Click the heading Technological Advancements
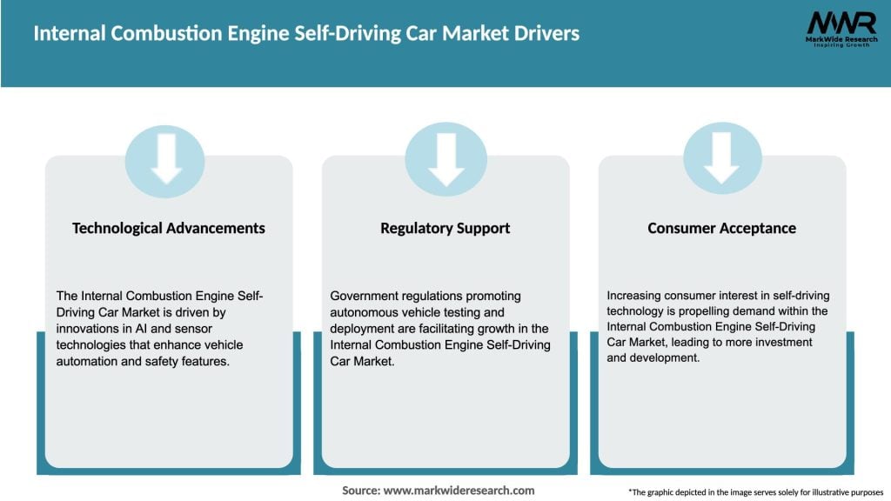pos(169,228)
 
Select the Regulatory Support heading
pos(445,228)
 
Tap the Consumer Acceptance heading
pos(721,228)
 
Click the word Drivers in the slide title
pos(548,35)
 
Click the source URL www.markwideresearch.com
pos(459,491)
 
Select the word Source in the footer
pos(360,491)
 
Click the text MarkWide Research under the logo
pos(841,40)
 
